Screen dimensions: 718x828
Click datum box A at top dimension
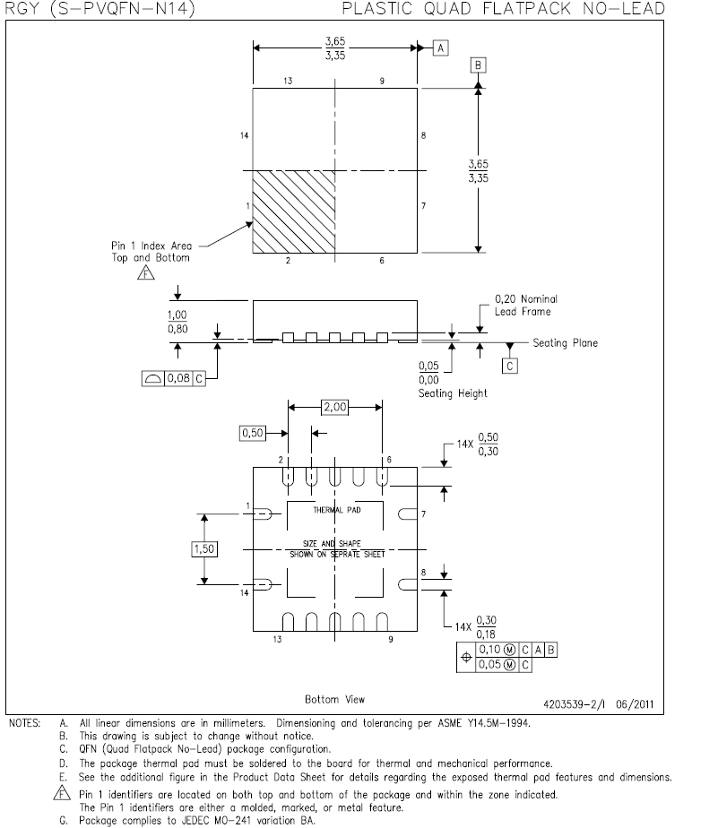tap(441, 48)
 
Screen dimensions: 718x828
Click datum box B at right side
tap(478, 65)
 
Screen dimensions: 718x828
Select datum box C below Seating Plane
tap(509, 366)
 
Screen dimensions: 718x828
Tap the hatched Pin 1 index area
tap(294, 211)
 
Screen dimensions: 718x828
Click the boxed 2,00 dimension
tap(335, 407)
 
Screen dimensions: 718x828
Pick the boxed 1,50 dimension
tap(204, 549)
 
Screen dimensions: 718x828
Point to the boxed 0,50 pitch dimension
tap(253, 433)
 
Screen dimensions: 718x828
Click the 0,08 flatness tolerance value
tap(178, 378)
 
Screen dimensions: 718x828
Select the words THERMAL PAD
tap(336, 510)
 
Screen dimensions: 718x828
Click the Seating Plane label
tap(566, 342)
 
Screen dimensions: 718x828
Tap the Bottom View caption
tap(335, 699)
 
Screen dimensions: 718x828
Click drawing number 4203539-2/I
tap(575, 704)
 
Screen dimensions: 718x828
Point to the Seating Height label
tap(453, 393)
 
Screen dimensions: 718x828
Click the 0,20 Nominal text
tap(526, 299)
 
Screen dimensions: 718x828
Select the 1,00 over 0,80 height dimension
tap(177, 322)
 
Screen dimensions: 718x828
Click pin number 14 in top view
tap(244, 135)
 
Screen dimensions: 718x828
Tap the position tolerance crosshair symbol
tap(466, 658)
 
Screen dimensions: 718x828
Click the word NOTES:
tap(24, 723)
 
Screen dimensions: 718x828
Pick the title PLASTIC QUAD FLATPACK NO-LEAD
tap(504, 8)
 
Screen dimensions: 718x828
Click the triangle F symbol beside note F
tap(62, 793)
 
